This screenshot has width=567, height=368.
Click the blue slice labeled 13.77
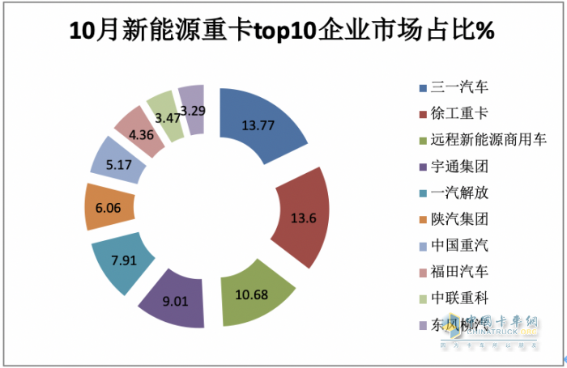click(x=261, y=123)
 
